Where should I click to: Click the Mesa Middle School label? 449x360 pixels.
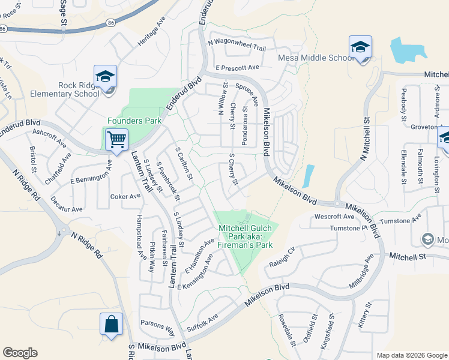(x=316, y=58)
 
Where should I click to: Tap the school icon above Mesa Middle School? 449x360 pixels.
(x=360, y=47)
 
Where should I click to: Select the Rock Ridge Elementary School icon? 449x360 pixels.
(x=105, y=77)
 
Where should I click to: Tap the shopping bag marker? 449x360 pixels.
(x=112, y=325)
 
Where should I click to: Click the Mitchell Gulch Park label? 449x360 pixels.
(x=245, y=236)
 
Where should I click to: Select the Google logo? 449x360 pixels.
(x=20, y=353)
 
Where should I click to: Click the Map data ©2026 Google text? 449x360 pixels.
(x=412, y=355)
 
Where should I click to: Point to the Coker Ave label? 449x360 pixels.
(x=124, y=196)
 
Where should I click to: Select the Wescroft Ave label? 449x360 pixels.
(x=334, y=217)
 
